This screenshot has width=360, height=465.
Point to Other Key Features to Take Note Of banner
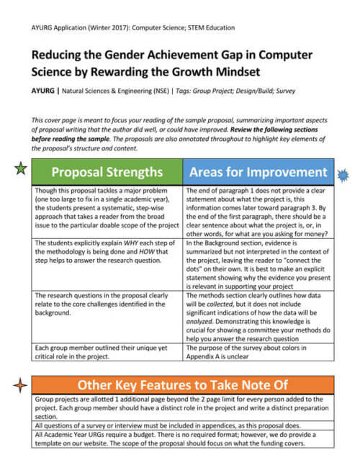[x=183, y=384]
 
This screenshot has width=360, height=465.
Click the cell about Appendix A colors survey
[x=258, y=353]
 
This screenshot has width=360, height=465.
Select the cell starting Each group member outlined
[x=108, y=353]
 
